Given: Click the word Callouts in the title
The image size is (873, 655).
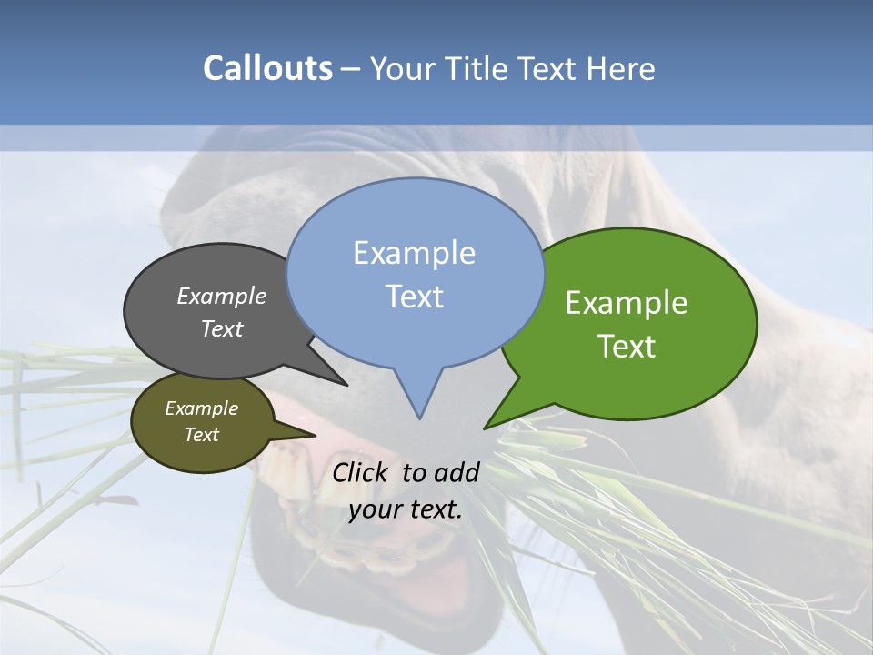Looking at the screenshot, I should (267, 68).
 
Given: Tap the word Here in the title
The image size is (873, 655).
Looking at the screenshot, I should (621, 69).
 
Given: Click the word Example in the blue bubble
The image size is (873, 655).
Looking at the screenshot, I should (414, 253).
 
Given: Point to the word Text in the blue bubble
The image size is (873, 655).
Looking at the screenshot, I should (414, 297).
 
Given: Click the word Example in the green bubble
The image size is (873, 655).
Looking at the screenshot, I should (627, 303).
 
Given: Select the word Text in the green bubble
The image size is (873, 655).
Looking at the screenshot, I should (627, 347).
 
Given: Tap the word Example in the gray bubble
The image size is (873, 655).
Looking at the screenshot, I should (222, 296).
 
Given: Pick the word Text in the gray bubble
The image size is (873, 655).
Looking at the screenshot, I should (222, 328).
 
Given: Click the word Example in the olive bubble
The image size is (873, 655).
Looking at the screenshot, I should (201, 408).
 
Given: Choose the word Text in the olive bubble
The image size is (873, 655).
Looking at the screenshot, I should (201, 435).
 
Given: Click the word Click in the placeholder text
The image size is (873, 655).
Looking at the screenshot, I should (362, 472).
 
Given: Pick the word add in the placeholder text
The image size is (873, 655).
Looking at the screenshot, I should (457, 472).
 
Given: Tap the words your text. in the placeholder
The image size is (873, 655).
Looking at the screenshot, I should (406, 509).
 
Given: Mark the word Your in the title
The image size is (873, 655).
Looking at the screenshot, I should (400, 69).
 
